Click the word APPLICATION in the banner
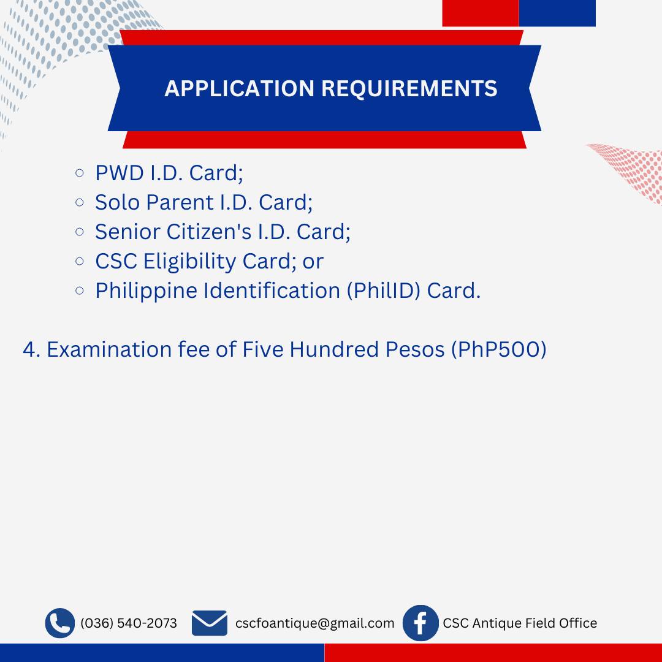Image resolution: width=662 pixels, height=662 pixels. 240,88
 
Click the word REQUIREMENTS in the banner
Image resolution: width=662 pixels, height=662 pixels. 409,88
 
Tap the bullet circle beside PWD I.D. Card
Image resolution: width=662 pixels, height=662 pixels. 79,173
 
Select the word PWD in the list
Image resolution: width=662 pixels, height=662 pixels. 120,173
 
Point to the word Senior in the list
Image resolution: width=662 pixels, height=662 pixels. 127,232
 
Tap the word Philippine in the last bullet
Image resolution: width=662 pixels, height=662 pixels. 146,291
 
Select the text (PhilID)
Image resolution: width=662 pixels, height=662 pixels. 384,291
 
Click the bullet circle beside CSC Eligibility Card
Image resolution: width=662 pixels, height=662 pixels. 79,261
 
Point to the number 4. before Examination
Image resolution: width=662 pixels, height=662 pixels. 32,349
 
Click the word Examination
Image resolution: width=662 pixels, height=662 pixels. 108,349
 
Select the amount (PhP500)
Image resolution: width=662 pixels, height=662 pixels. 499,349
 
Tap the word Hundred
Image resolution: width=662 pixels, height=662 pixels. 334,349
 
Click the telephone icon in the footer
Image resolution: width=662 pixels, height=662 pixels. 60,623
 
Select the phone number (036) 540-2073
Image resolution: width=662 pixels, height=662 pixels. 129,623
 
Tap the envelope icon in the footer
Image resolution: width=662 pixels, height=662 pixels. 210,623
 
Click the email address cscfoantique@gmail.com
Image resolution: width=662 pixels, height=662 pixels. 314,623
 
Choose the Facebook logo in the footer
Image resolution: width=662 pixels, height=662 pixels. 420,623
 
